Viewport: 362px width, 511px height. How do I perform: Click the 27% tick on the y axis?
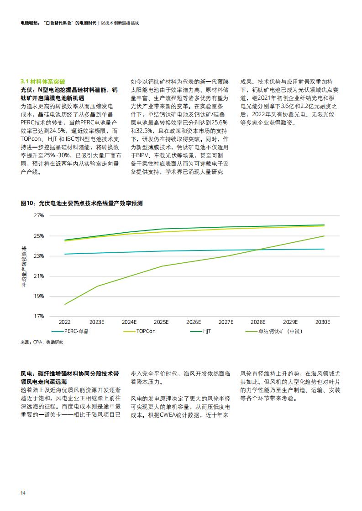[x=39, y=216]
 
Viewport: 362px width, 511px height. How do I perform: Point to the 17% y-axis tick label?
[x=39, y=316]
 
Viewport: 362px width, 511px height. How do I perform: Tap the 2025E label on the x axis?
[x=161, y=322]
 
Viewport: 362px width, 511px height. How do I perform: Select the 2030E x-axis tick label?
[x=322, y=322]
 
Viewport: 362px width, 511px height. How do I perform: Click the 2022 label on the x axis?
[x=65, y=322]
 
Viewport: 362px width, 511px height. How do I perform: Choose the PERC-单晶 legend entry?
[x=70, y=332]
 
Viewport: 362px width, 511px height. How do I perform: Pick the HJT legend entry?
[x=200, y=332]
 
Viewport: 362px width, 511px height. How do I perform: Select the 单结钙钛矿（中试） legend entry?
[x=274, y=332]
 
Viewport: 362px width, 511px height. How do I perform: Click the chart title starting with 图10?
[x=82, y=204]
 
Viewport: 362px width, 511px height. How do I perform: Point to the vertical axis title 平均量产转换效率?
[x=24, y=266]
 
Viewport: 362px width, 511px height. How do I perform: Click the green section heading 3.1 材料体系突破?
[x=43, y=82]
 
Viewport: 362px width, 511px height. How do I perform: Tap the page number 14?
[x=23, y=493]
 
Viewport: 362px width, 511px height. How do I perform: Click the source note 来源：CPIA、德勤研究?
[x=42, y=342]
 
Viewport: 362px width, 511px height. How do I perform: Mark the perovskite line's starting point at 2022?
[x=65, y=304]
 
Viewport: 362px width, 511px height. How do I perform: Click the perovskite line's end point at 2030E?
[x=324, y=236]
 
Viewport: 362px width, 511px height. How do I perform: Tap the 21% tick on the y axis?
[x=39, y=276]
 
